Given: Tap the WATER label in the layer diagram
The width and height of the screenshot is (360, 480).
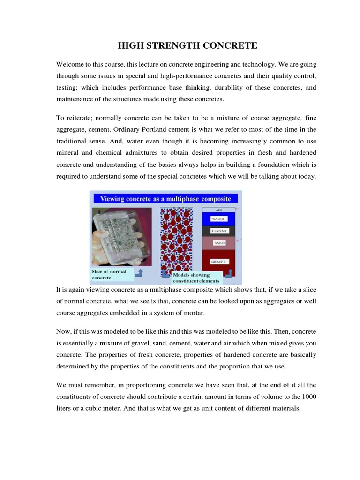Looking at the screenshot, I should [x=218, y=219].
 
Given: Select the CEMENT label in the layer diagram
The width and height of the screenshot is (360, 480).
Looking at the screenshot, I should [x=218, y=231].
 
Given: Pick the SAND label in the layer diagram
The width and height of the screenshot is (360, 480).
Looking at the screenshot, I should [x=218, y=243].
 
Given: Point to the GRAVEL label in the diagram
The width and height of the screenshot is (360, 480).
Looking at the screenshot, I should [x=218, y=262].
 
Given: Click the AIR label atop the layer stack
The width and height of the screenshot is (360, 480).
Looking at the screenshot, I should [x=218, y=210].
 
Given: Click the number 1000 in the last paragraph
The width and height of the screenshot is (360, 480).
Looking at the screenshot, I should [x=308, y=397].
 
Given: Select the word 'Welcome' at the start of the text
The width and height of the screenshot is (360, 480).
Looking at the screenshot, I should [x=70, y=64].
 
